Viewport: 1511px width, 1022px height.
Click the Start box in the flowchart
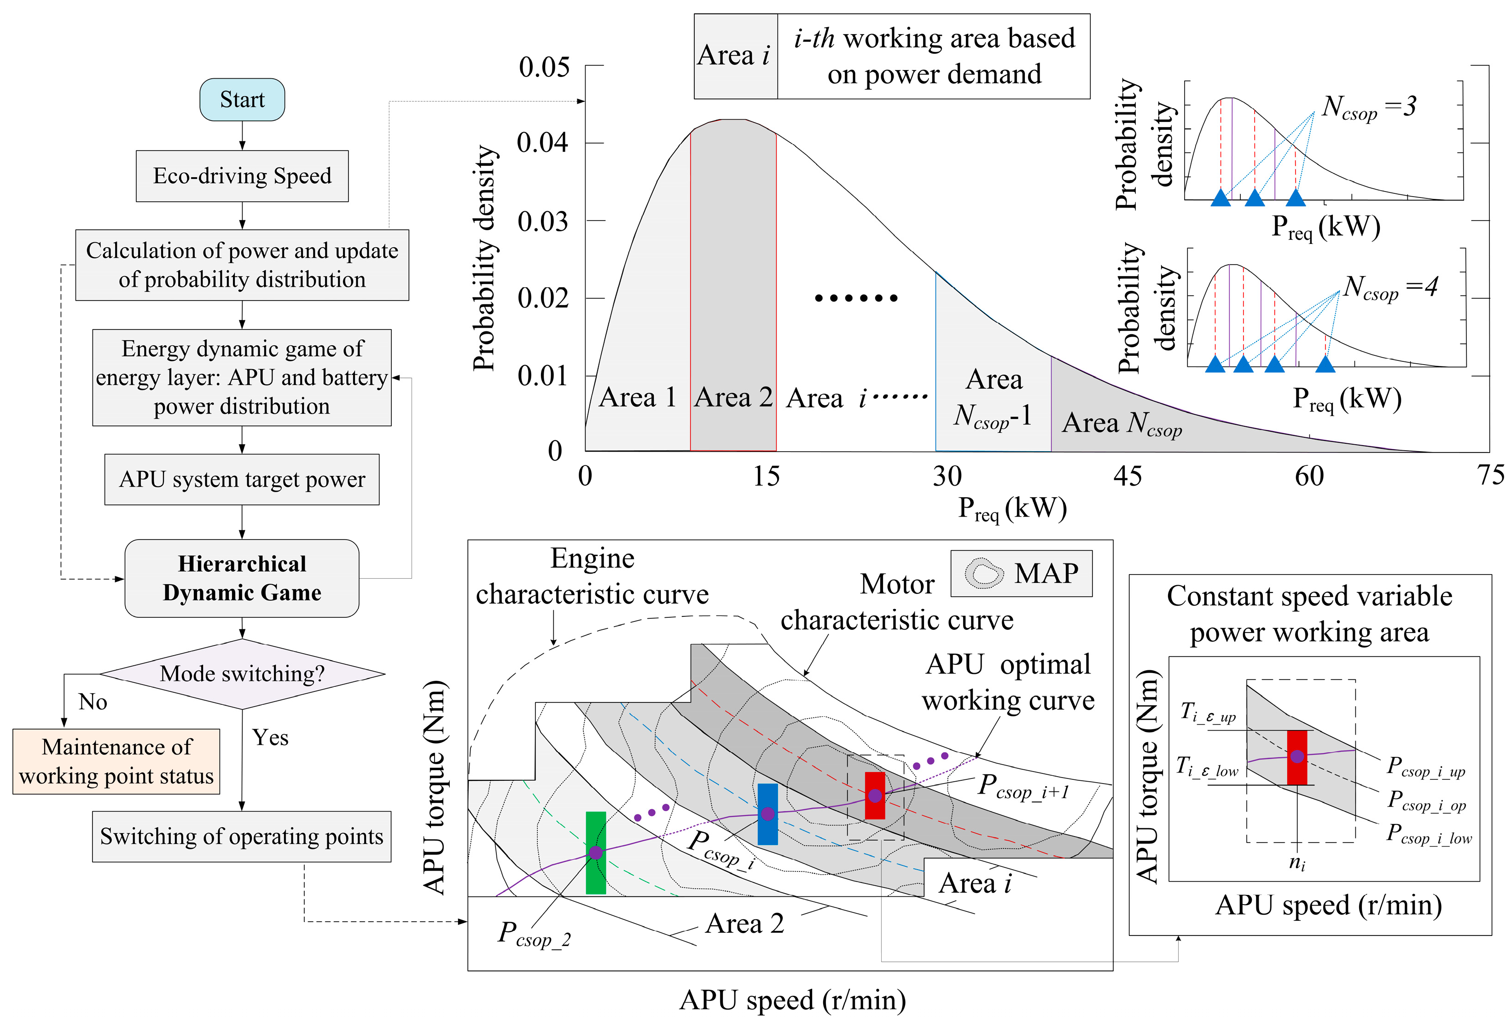point(242,99)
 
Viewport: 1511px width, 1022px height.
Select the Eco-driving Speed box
point(242,175)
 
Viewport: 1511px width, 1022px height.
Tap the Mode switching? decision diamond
point(242,674)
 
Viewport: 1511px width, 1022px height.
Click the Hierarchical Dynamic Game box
point(242,578)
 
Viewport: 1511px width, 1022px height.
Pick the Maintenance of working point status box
point(116,761)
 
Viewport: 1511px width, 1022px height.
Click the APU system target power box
point(242,479)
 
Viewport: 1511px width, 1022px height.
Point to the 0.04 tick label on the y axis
point(542,142)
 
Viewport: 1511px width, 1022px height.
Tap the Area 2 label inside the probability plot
point(733,397)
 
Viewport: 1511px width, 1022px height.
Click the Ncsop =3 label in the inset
point(1369,108)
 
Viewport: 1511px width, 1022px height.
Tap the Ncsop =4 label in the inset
point(1390,287)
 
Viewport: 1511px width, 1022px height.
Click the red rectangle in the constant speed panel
point(1296,757)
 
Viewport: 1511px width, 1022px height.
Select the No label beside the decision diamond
point(93,702)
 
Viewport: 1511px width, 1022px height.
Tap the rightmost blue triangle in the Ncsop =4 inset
point(1325,365)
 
